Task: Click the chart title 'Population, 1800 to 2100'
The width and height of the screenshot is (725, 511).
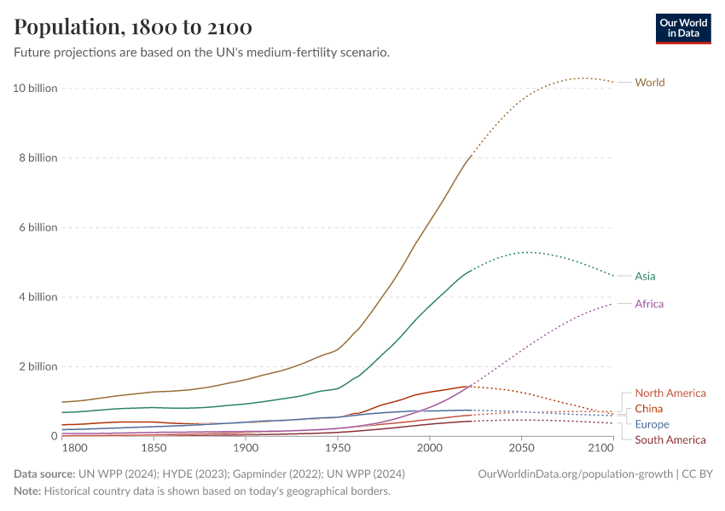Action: coord(133,27)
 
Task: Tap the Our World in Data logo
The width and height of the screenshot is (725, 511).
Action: coord(682,27)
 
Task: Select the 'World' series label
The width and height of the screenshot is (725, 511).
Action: coord(649,83)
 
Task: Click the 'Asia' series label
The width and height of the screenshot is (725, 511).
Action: coord(645,276)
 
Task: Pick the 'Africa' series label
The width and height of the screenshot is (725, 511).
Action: coord(649,304)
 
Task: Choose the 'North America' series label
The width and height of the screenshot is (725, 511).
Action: coord(670,393)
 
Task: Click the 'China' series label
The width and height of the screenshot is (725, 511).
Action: coord(648,409)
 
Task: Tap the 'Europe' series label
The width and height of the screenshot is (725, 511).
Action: coord(652,424)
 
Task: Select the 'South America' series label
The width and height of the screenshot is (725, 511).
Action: coord(670,439)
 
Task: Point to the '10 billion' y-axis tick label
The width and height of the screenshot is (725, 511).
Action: coord(35,89)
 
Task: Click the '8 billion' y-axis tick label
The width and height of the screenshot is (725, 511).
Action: coord(38,158)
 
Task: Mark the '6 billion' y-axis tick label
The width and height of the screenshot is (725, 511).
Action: coord(38,227)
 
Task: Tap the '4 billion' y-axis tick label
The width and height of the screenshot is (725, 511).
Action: coord(38,297)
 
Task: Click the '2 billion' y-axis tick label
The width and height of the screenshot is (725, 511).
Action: coord(38,367)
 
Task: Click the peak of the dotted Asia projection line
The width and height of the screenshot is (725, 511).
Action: coord(528,252)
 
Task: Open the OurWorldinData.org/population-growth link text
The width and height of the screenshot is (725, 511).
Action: coord(574,474)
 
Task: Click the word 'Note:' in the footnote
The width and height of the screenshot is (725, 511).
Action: coord(27,491)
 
